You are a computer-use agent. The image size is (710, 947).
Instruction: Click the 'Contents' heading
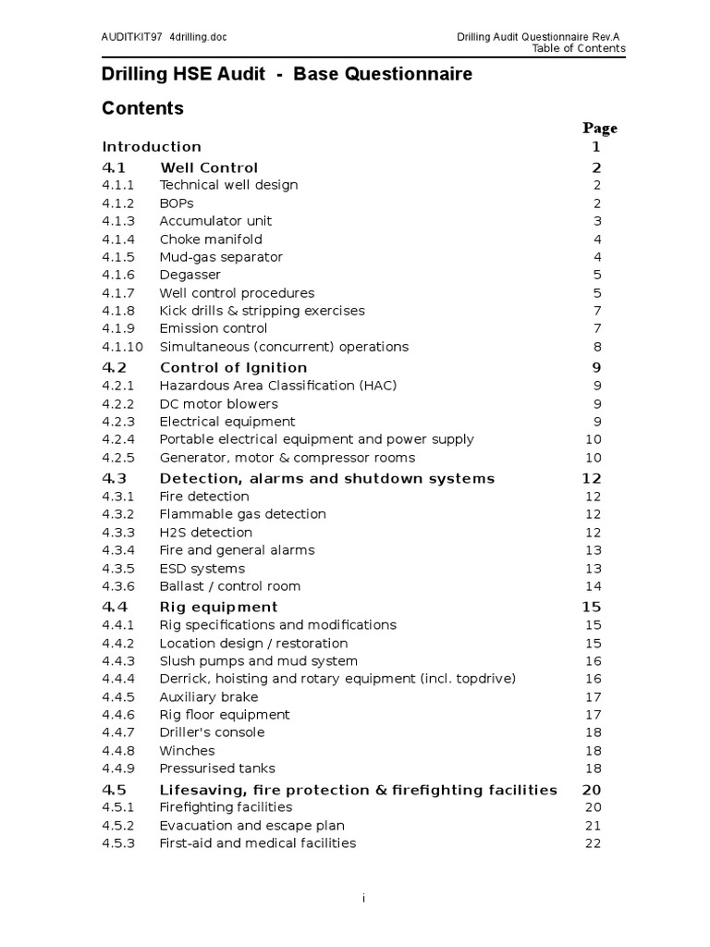point(142,108)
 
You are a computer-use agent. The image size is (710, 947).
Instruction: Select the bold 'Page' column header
point(600,128)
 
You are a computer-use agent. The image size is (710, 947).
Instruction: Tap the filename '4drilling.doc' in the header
point(199,37)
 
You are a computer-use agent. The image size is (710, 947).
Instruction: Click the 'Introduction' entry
point(152,146)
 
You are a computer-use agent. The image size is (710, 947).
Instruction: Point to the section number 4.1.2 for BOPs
point(118,203)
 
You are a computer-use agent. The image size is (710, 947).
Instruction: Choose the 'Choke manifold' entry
point(212,239)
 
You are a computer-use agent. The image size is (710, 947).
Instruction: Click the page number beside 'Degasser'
point(597,275)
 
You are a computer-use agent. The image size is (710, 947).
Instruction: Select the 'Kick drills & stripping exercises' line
point(262,311)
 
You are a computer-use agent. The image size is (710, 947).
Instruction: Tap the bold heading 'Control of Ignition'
point(233,367)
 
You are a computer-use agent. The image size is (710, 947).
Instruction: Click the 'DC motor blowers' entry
point(218,403)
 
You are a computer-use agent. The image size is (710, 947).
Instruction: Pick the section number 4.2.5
point(118,458)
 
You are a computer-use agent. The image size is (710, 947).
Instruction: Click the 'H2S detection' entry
point(205,532)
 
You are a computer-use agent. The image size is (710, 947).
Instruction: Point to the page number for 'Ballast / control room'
point(593,586)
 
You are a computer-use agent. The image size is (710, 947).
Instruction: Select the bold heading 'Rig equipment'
point(218,607)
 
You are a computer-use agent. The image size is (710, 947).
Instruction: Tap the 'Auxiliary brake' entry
point(209,696)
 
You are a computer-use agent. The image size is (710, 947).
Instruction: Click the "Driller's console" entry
point(212,732)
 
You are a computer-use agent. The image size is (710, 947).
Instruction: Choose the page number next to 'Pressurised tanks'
point(593,769)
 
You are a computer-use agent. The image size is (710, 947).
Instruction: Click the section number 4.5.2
point(118,825)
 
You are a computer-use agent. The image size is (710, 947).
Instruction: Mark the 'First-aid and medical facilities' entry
point(257,842)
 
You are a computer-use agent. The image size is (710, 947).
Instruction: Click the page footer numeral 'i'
point(363,898)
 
